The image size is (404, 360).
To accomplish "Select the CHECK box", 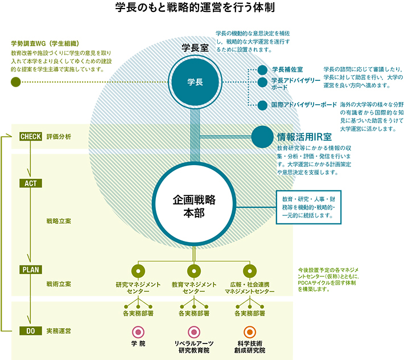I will (x=29, y=137).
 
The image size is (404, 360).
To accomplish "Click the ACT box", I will (x=29, y=183).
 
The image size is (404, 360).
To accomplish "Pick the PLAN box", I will (x=29, y=269).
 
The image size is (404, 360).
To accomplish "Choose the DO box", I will (x=29, y=330).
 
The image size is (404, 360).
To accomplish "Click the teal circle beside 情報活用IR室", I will (x=262, y=137).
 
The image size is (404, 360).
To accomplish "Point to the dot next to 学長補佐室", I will (x=262, y=69).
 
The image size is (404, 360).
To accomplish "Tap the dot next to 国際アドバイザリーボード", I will (x=262, y=105).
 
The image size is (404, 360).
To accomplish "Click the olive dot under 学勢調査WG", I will (x=16, y=82).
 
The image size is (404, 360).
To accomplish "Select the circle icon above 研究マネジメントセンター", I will (x=138, y=271).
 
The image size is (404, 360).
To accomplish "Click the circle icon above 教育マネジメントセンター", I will (x=193, y=271).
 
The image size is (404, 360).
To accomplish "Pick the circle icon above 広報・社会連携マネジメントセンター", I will (x=249, y=271).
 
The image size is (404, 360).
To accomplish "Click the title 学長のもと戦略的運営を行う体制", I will (x=195, y=8).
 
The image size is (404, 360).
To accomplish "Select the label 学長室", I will (x=193, y=48).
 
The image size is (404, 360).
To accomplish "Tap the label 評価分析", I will (x=59, y=137).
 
